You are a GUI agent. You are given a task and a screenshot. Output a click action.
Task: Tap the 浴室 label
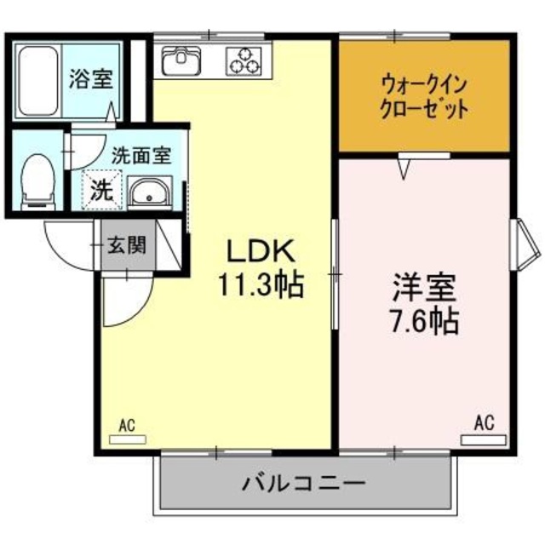[90, 80]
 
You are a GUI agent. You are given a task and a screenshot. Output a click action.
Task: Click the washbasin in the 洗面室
[151, 194]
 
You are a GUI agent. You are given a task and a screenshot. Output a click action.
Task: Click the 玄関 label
[126, 246]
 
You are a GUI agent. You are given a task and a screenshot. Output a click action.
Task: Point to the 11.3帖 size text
[260, 285]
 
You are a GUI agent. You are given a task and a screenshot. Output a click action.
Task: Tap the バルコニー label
[304, 486]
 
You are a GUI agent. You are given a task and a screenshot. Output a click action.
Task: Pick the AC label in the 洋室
[483, 421]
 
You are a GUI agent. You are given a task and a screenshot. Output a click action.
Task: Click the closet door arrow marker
[406, 169]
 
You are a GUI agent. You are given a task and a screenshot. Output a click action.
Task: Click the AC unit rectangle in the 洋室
[483, 439]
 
